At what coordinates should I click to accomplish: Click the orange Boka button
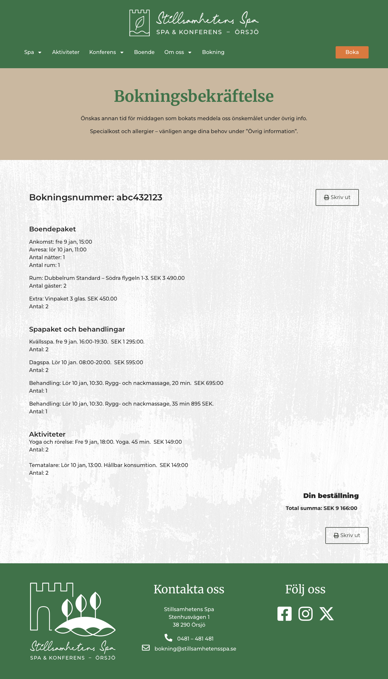352,52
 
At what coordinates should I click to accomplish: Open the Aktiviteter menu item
66,52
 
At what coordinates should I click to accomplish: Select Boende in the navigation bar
144,52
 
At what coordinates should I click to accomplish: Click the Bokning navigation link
213,52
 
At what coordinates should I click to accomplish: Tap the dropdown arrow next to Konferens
122,53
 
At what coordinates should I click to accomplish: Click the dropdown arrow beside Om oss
190,53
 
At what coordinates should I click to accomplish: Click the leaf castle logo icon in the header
139,23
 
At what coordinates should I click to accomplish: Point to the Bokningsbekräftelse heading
194,96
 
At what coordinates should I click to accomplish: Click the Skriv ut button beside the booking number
337,197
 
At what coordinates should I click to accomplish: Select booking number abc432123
139,197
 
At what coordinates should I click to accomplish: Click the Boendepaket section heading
52,229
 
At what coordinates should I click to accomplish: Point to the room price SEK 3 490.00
167,278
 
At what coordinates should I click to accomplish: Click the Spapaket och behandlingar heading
77,329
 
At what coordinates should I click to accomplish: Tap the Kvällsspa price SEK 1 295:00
127,342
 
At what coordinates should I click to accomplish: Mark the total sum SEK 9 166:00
340,508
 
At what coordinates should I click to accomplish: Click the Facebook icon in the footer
284,614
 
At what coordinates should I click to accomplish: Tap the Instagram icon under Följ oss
305,614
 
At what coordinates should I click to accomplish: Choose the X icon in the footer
327,614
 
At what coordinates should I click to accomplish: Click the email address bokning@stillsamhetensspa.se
195,649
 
